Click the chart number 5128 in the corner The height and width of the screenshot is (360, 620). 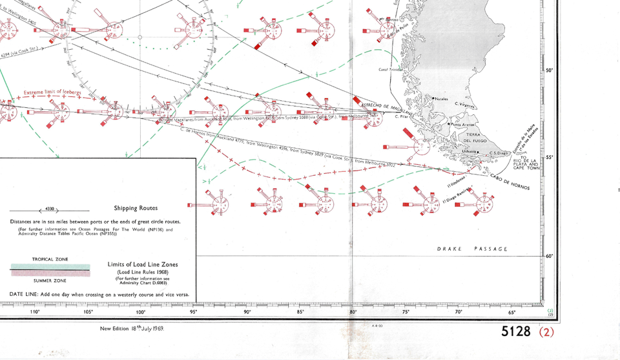tap(517, 332)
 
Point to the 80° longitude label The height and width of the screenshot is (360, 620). tap(353, 312)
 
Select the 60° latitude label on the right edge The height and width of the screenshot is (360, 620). tap(550, 256)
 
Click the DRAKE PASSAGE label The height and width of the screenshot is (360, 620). tap(472, 249)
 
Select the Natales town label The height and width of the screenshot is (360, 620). tap(442, 99)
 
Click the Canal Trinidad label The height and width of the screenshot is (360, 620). tap(391, 70)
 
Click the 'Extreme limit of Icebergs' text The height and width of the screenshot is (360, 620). tap(53, 92)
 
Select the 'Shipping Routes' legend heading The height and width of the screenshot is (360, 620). tap(135, 208)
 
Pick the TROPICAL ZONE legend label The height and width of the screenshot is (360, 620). tap(51, 259)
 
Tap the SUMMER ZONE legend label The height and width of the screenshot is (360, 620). tap(51, 281)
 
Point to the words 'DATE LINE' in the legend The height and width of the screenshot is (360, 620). tap(23, 294)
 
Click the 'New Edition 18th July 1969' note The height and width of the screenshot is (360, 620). tap(132, 328)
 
